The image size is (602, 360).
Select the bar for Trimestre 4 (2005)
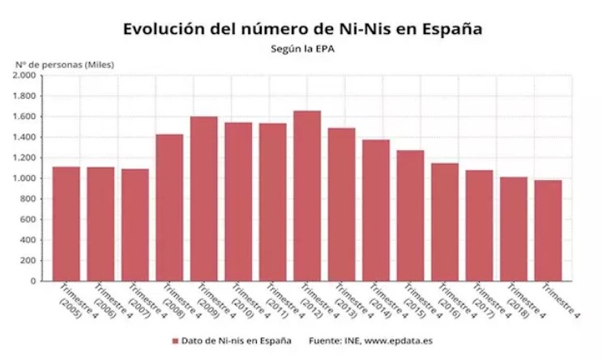click(66, 224)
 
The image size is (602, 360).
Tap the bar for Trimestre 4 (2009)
click(203, 199)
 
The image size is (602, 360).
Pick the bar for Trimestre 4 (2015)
click(410, 216)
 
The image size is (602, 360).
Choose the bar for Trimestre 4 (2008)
click(169, 208)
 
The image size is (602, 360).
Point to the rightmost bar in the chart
click(548, 230)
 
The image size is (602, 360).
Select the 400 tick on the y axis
click(28, 240)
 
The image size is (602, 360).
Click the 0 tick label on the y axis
click(34, 281)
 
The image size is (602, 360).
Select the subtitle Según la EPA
click(302, 48)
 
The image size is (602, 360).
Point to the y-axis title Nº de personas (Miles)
click(65, 63)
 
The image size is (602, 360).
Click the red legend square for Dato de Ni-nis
click(175, 340)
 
